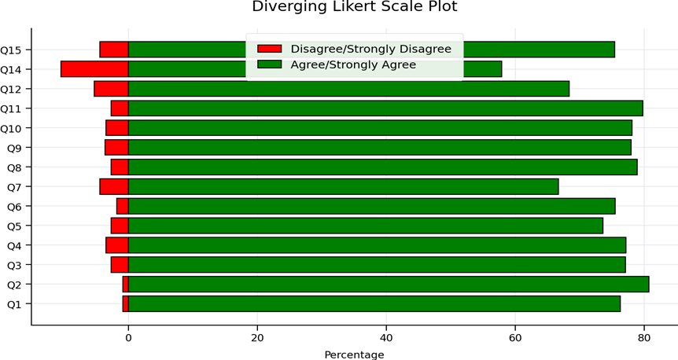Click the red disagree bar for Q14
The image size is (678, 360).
point(94,69)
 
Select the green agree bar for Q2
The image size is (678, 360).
point(389,285)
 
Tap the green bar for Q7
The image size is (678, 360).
point(343,187)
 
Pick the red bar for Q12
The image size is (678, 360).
point(112,89)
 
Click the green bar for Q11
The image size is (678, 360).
point(385,108)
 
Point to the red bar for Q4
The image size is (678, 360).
point(117,245)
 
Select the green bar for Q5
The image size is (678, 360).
point(366,226)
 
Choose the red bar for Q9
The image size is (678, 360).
point(116,147)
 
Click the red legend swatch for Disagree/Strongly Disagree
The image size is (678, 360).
point(269,49)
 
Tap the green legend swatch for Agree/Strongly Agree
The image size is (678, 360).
point(269,64)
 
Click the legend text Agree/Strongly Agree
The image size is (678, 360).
point(353,64)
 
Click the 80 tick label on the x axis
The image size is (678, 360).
point(644,337)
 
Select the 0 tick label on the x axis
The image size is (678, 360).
point(128,337)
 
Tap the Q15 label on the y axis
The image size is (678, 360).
point(10,50)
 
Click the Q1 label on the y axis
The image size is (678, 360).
point(14,304)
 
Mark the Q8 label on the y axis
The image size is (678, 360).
point(14,167)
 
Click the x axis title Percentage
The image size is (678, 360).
point(354,354)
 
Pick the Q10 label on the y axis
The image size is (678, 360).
point(10,128)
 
